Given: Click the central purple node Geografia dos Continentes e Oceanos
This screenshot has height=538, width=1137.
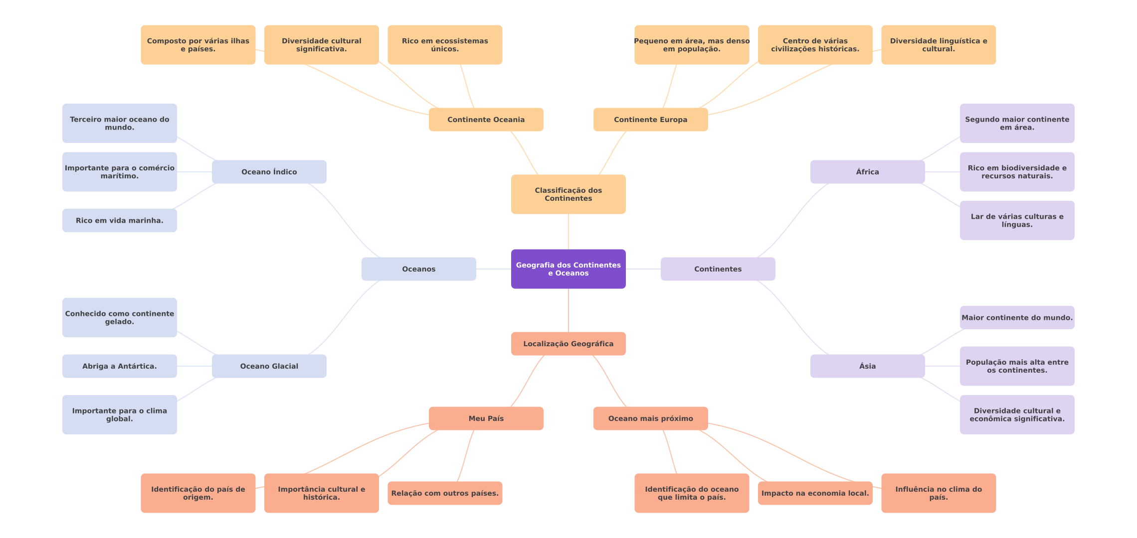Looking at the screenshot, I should click(x=568, y=269).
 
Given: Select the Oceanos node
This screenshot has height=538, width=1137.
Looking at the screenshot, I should click(x=419, y=269).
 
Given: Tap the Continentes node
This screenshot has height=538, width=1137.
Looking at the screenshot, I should click(x=718, y=269).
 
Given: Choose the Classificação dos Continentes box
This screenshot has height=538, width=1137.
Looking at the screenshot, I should click(x=568, y=194).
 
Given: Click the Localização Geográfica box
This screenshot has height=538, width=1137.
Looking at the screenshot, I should click(x=568, y=344).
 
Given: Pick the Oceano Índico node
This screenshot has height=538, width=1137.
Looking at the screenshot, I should click(x=269, y=172).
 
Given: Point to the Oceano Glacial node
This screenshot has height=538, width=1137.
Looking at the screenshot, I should click(x=269, y=366).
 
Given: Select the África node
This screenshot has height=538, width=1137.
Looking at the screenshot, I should click(x=868, y=172).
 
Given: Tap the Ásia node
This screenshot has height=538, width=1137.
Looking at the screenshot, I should click(x=868, y=366).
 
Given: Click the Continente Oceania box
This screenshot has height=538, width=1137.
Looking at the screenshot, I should click(x=486, y=120).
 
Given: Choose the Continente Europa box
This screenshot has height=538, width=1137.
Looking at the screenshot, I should click(x=651, y=120).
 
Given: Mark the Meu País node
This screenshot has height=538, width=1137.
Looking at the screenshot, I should click(x=486, y=418).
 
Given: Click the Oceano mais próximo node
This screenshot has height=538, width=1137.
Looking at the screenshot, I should click(x=651, y=418).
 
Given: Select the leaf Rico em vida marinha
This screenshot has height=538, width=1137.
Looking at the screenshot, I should click(x=120, y=220).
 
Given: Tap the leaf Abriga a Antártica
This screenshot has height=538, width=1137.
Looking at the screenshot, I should click(x=120, y=366).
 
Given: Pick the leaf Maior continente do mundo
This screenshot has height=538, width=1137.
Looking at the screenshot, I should click(x=1017, y=318).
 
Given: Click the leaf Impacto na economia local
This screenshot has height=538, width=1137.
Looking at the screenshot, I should click(x=815, y=493).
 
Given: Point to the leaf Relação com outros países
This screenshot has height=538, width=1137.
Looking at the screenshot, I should click(x=445, y=493).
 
